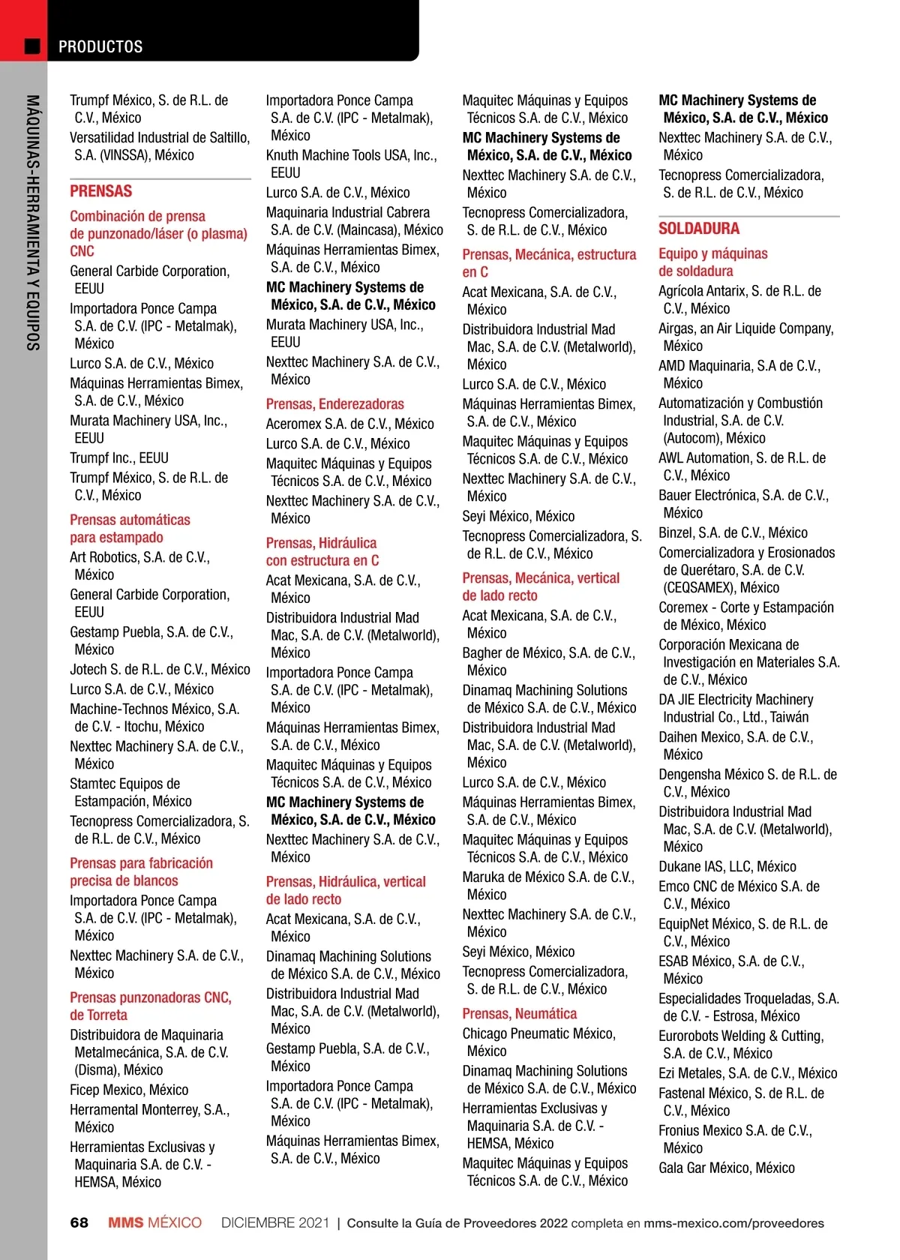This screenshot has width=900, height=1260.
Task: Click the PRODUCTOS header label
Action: click(x=100, y=46)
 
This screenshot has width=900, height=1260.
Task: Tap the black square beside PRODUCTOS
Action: click(x=32, y=46)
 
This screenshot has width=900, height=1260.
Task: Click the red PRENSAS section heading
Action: click(x=100, y=191)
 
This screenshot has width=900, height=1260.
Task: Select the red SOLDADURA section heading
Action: click(x=698, y=229)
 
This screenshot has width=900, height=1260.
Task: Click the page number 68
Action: click(x=79, y=1222)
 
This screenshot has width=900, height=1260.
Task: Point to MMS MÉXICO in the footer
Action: click(x=154, y=1222)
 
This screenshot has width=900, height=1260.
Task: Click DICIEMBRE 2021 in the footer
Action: click(x=274, y=1222)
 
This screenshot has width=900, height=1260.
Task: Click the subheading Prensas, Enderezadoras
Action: click(x=334, y=404)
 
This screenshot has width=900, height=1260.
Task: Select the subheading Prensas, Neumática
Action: click(x=519, y=1014)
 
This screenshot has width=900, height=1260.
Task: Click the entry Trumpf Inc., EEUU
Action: click(x=119, y=458)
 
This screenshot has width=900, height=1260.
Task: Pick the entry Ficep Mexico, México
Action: click(x=129, y=1090)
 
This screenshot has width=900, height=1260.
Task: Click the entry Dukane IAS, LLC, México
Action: click(x=727, y=867)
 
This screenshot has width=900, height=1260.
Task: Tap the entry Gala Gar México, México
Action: click(x=726, y=1168)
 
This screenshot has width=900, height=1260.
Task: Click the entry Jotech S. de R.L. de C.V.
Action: click(x=160, y=670)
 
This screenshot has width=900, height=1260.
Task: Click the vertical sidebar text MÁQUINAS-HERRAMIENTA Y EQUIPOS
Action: click(x=32, y=223)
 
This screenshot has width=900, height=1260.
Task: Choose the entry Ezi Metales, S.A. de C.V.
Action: click(x=747, y=1073)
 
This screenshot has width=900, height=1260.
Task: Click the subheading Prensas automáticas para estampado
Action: click(x=130, y=529)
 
